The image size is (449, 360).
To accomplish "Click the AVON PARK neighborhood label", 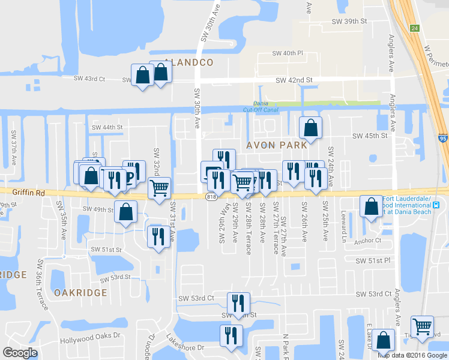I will [x=276, y=145].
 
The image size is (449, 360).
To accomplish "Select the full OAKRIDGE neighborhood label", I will [x=80, y=293].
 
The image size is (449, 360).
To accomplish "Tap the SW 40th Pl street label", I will [x=286, y=53].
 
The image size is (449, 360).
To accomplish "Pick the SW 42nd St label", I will [x=294, y=80].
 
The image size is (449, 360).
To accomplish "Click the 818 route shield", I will [x=211, y=197].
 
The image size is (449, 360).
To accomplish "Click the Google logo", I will [x=20, y=353].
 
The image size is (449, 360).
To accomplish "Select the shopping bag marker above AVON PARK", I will [x=310, y=127].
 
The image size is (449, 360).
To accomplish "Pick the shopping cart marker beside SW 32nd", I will [x=159, y=187].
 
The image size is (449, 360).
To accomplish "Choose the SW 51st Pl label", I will [x=373, y=261].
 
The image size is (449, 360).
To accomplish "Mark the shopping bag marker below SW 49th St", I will [x=125, y=212].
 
